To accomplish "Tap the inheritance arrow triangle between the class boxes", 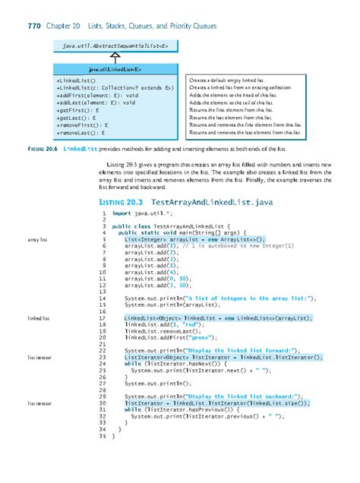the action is click(x=114, y=58).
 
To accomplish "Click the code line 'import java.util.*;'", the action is click(x=143, y=216).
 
